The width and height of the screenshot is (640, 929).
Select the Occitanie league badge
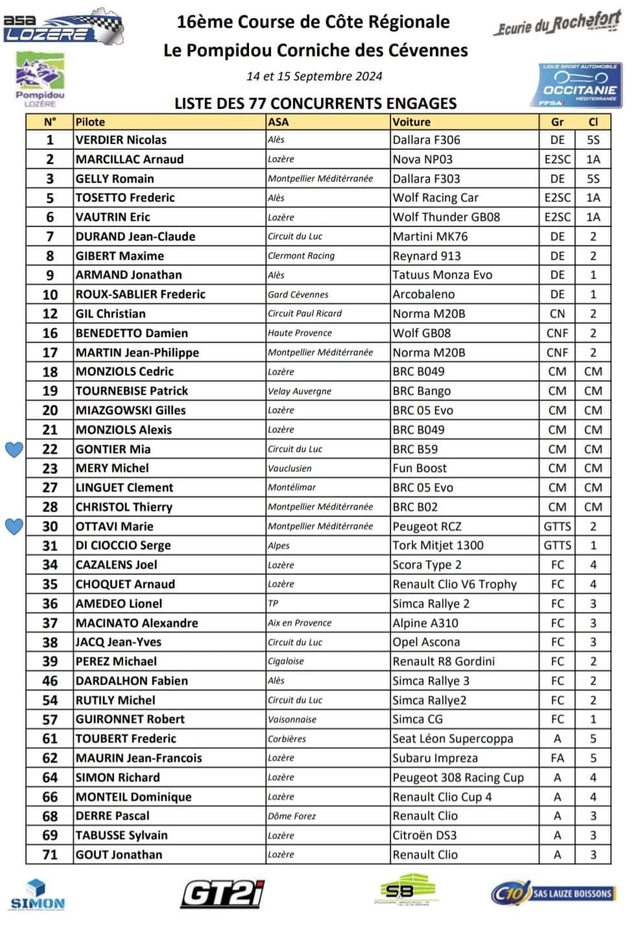580,85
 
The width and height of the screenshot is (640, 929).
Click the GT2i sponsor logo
222,893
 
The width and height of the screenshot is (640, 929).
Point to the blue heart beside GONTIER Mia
14,449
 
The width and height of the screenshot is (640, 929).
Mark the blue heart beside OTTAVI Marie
14,526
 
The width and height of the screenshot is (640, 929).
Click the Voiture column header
411,122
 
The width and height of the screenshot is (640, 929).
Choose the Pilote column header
90,122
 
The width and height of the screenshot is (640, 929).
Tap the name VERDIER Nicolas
121,140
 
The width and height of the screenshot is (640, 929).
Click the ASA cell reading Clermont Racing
301,256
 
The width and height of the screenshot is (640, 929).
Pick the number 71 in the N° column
50,855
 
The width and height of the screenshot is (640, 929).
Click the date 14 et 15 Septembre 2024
314,76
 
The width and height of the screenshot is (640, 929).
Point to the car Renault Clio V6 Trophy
455,585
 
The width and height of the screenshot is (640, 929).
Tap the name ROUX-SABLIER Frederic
140,295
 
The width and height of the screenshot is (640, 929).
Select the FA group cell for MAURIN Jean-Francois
557,758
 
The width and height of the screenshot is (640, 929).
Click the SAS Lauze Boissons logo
552,893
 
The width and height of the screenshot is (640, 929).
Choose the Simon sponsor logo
38,895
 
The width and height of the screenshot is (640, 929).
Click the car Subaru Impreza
434,758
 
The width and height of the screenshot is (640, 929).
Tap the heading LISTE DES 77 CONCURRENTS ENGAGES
315,103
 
